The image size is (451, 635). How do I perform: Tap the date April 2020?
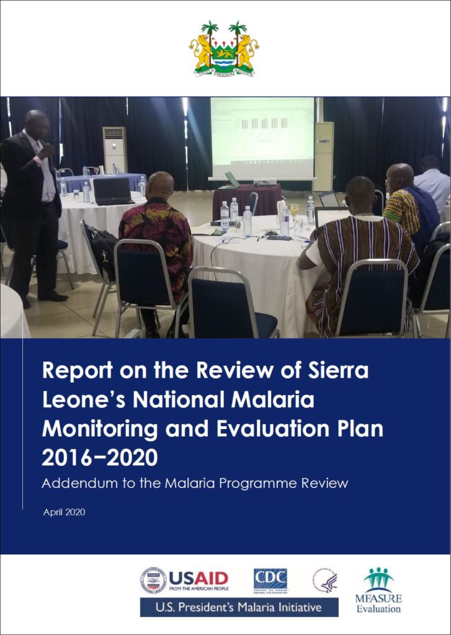[x=65, y=513]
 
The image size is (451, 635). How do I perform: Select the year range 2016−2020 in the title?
[x=99, y=458]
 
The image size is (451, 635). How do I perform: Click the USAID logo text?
[x=199, y=578]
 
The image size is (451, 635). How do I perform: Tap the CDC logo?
[x=270, y=581]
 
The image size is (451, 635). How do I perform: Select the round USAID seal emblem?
[x=153, y=581]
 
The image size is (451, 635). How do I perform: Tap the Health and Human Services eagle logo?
[x=324, y=581]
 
